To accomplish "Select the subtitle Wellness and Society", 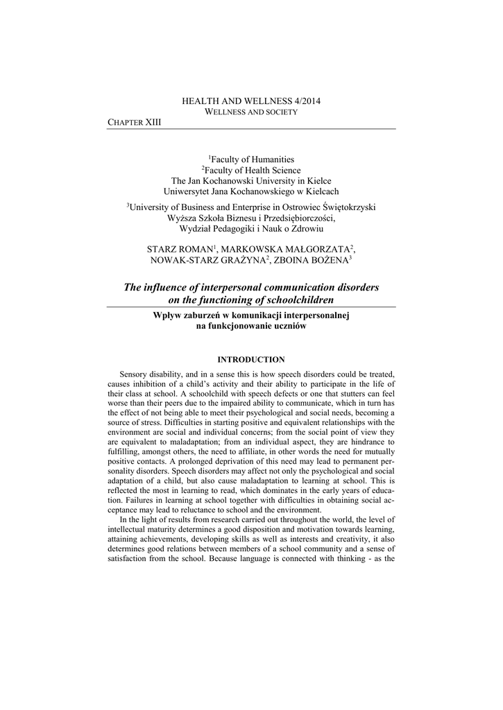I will [x=251, y=112].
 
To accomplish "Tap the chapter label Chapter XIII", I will [x=134, y=122].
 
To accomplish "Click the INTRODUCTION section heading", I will [x=251, y=359].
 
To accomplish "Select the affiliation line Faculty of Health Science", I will [x=251, y=170].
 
